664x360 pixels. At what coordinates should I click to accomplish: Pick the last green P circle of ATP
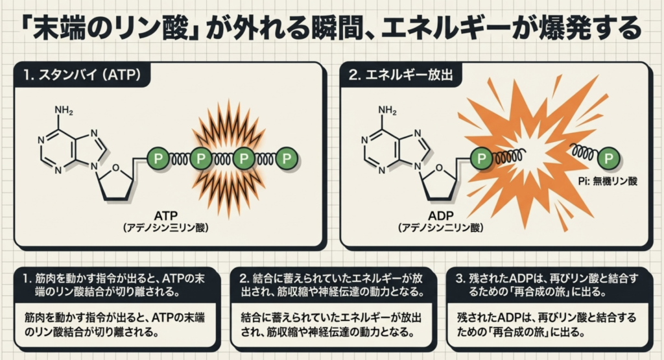(x=287, y=158)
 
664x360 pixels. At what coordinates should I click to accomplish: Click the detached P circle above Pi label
(x=608, y=158)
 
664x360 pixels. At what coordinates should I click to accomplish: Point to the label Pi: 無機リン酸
(x=606, y=182)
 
